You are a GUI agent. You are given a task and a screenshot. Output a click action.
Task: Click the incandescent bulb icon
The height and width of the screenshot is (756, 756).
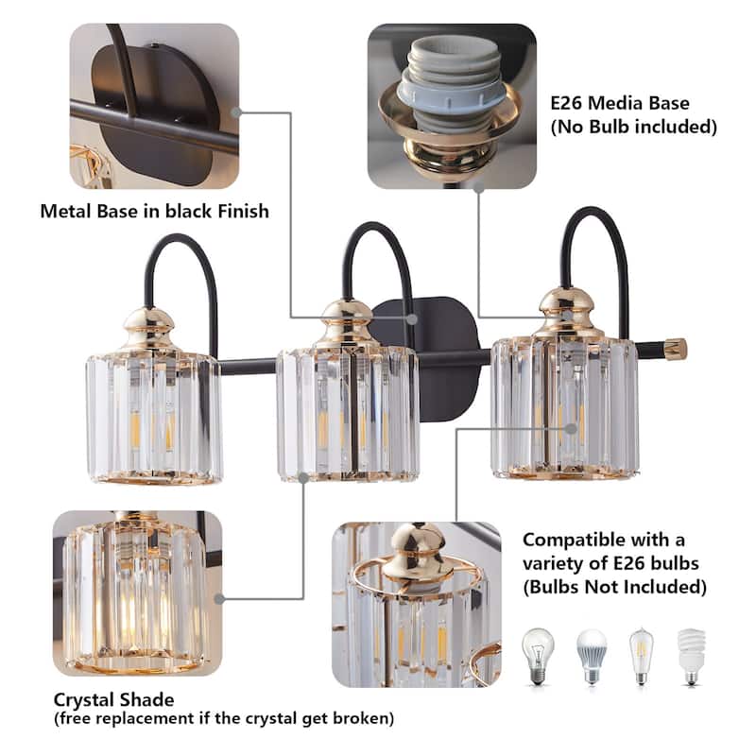(x=538, y=651)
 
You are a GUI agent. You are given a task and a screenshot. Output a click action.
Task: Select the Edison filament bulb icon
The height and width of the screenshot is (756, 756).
(x=642, y=652)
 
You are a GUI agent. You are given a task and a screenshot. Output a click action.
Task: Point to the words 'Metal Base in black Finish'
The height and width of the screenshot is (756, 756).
(x=154, y=211)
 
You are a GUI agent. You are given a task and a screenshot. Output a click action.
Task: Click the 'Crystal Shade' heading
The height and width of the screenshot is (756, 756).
(x=114, y=700)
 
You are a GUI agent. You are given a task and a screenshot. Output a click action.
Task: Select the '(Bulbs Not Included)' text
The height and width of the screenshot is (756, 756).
(x=615, y=587)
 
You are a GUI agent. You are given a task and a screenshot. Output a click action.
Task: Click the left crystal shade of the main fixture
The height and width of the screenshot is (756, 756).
(x=154, y=416)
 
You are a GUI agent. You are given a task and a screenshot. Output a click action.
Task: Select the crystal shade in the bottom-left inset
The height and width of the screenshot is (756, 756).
(x=132, y=595)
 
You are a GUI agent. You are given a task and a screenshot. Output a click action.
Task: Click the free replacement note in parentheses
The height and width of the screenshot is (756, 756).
(x=223, y=719)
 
